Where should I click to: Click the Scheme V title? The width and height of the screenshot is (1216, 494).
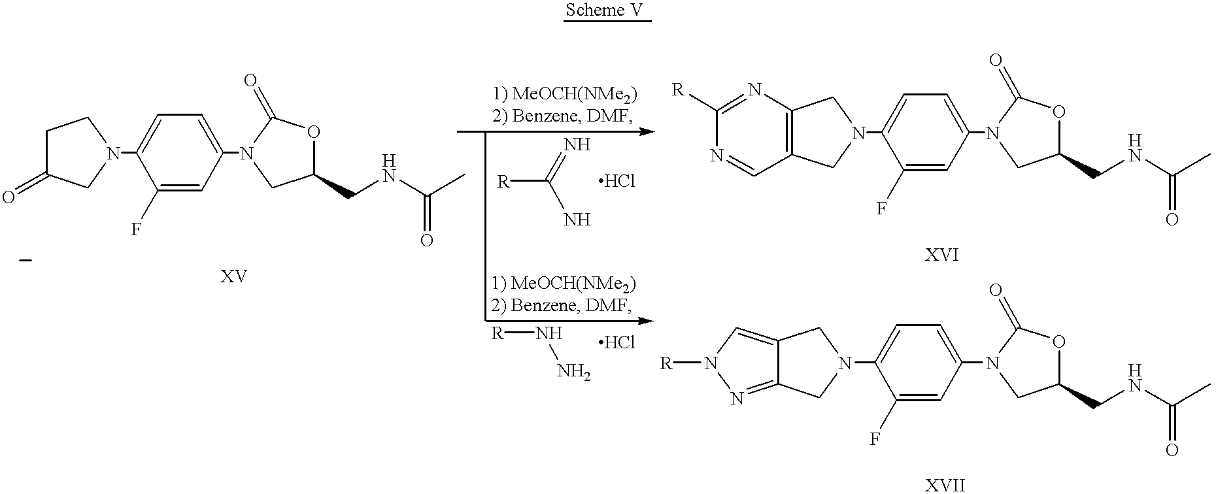tap(607, 10)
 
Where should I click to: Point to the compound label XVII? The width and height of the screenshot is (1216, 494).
tap(945, 486)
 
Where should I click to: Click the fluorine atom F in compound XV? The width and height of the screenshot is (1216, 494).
tap(136, 229)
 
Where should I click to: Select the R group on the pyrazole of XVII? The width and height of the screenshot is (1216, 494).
tap(666, 363)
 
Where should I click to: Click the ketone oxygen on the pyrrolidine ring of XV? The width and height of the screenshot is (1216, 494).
tap(8, 196)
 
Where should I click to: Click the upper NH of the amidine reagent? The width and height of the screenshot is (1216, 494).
tap(577, 144)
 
